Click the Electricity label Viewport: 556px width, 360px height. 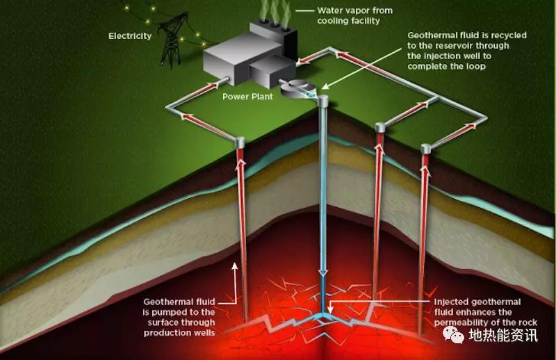(130, 36)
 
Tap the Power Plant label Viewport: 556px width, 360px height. (247, 97)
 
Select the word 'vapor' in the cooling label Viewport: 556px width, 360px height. (357, 11)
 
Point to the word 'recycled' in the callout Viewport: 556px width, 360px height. (509, 35)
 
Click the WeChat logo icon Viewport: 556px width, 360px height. (454, 334)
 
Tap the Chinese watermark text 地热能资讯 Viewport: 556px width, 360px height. (503, 335)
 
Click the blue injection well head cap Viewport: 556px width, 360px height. (322, 101)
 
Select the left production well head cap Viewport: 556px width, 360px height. (240, 142)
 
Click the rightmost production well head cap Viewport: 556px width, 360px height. (425, 149)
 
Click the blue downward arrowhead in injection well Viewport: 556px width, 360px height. (322, 272)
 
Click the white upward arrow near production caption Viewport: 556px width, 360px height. (234, 284)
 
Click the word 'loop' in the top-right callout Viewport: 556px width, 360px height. (477, 66)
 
